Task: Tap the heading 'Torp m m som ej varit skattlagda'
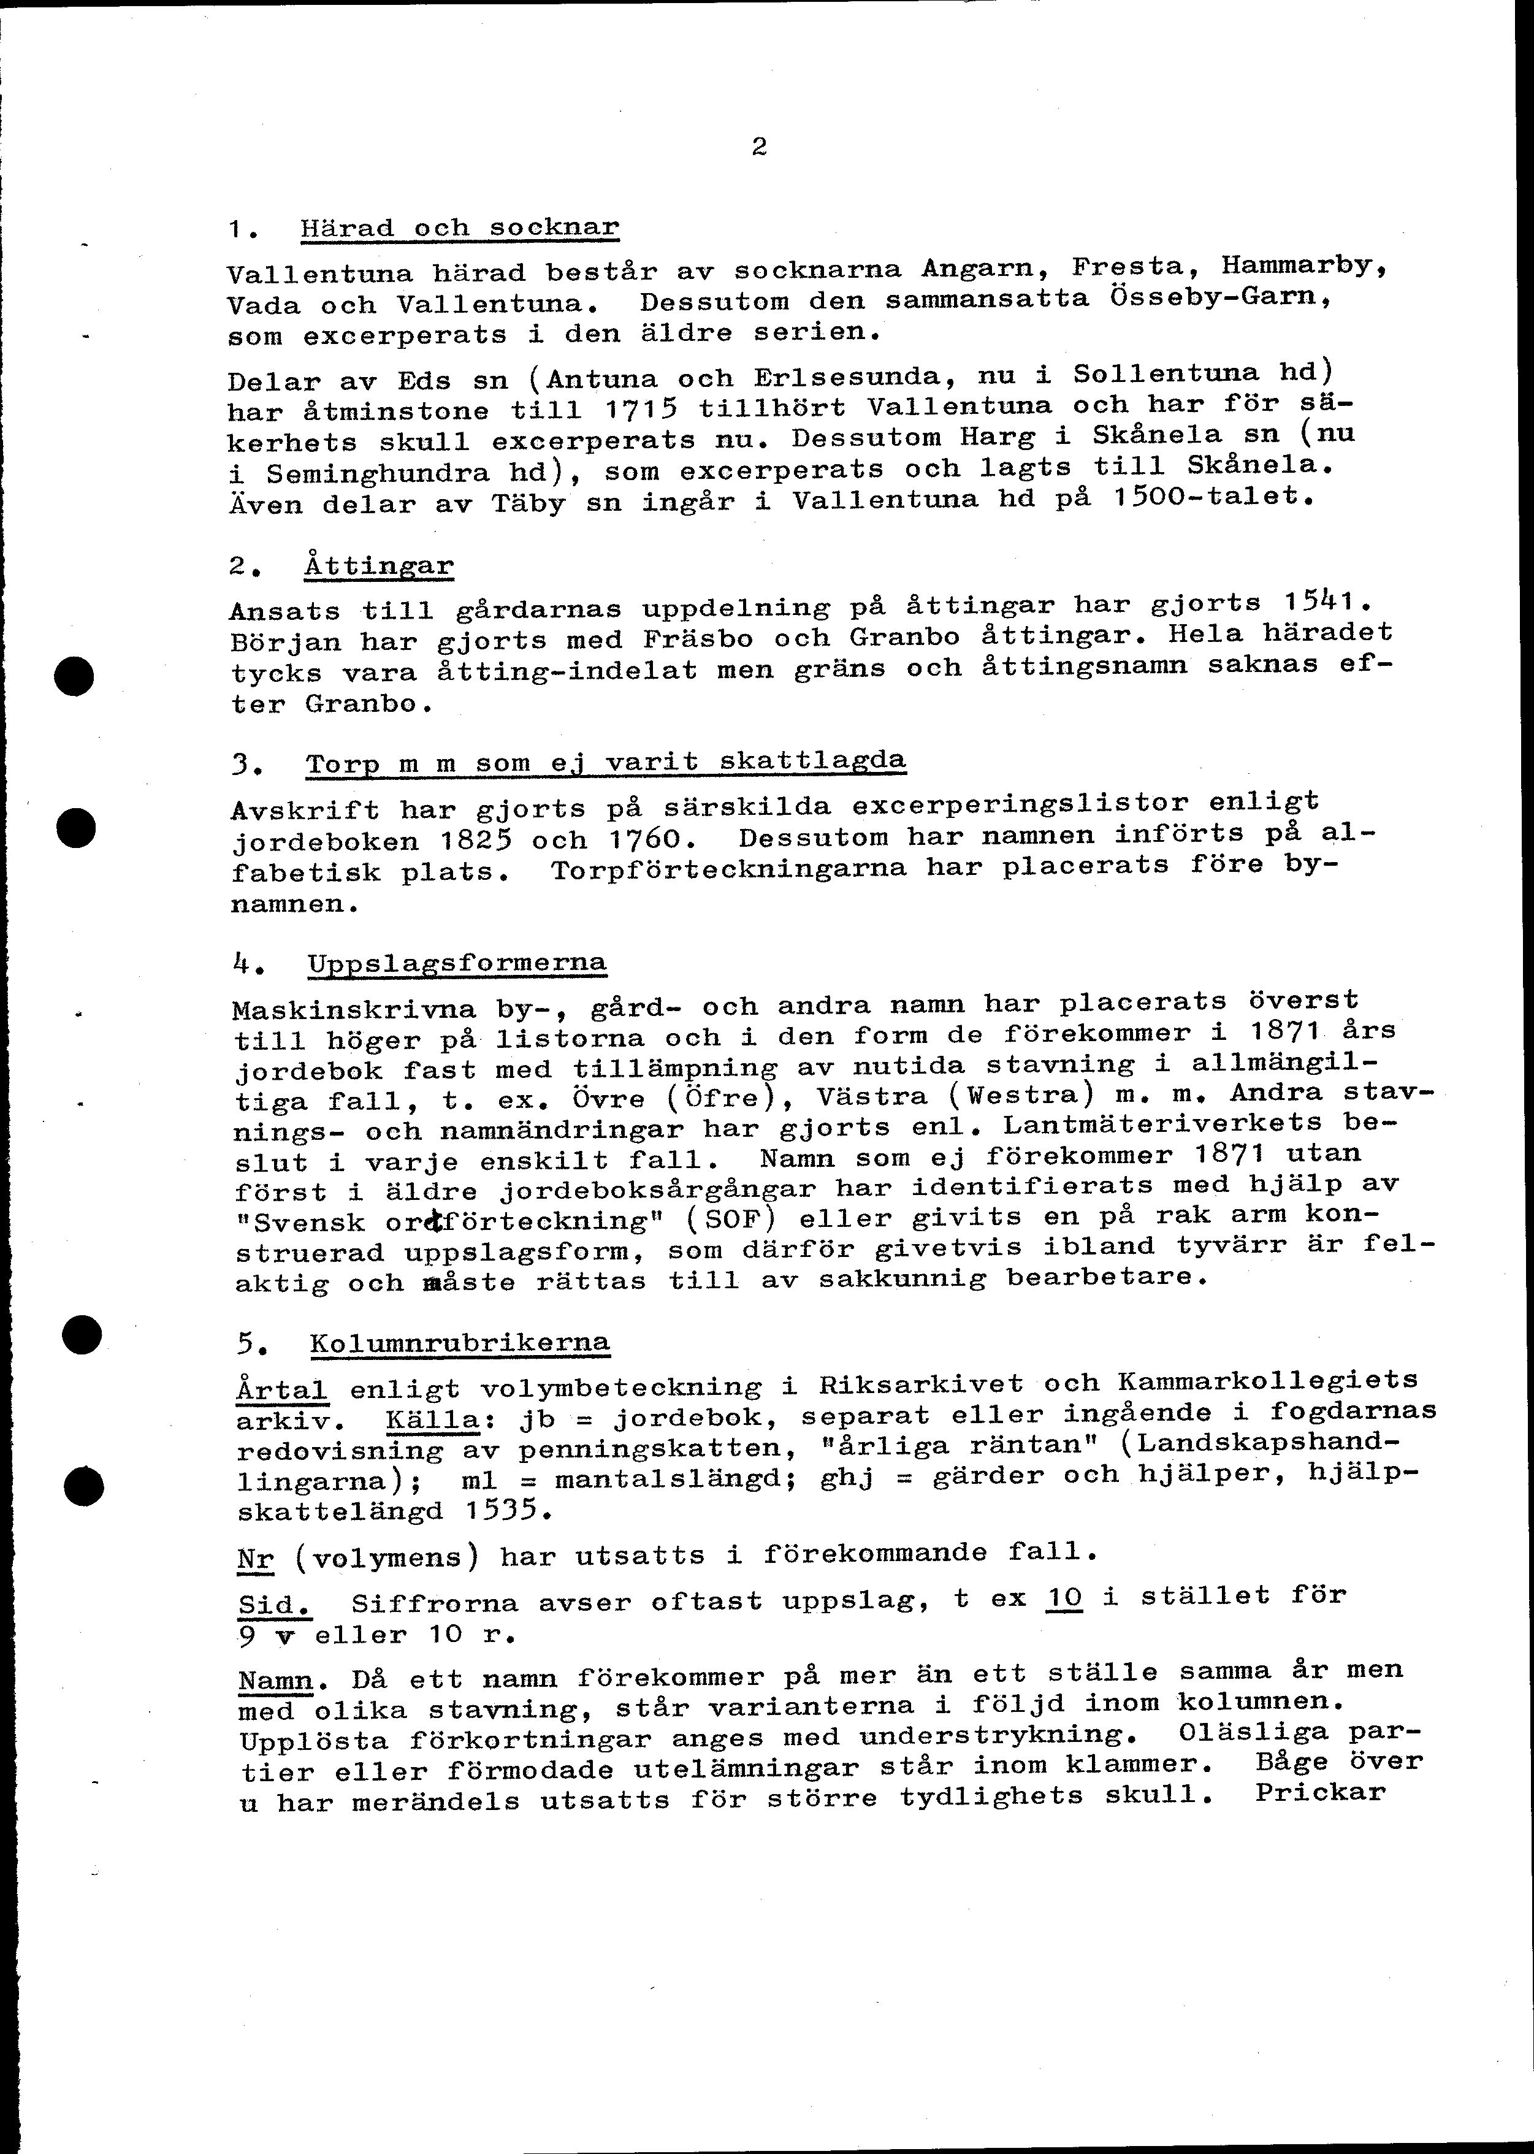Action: click(606, 762)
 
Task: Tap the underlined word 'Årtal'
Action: click(281, 1390)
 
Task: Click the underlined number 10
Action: click(1064, 1597)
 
